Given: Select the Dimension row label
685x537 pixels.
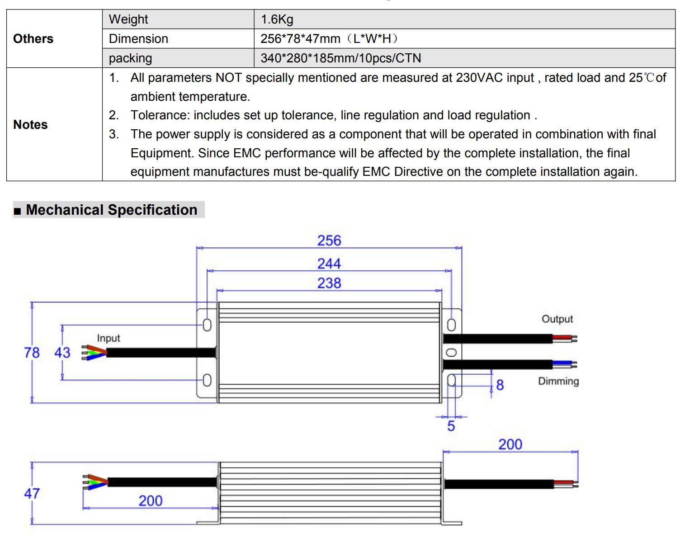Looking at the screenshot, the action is (x=138, y=39).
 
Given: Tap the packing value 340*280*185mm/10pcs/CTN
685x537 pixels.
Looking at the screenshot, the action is (x=341, y=58).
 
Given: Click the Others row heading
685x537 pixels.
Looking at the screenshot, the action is (x=33, y=39).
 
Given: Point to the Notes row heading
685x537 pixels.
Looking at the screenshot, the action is (x=30, y=124).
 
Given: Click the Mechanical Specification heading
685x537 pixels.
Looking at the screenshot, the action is (x=112, y=210).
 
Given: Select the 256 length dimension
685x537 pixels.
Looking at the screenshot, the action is (x=329, y=241).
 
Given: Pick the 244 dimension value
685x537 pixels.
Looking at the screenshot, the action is (x=329, y=264).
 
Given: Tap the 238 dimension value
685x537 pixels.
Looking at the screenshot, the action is (x=329, y=283).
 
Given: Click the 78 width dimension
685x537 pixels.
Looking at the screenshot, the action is (x=32, y=353).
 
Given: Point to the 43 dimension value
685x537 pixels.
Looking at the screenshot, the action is (x=62, y=353).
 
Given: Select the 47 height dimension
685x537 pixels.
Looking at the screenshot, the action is (x=32, y=494).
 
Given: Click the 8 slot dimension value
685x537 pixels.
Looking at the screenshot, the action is (x=500, y=385).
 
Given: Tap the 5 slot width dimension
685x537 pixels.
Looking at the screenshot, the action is (x=451, y=426).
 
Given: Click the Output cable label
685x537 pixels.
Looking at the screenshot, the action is (x=557, y=319).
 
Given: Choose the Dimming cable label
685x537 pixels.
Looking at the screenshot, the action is (x=558, y=382).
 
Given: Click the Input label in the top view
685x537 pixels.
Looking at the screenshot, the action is (x=109, y=338).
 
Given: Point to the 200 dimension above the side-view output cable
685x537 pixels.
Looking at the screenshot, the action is (x=510, y=445).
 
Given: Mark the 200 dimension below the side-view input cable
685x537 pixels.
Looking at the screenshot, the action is (x=151, y=501).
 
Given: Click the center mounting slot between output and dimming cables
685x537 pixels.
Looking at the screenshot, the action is (x=451, y=352).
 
